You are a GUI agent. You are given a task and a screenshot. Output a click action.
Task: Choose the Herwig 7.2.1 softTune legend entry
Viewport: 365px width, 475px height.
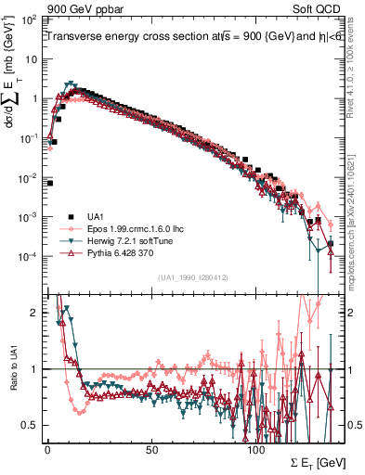click(129, 239)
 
